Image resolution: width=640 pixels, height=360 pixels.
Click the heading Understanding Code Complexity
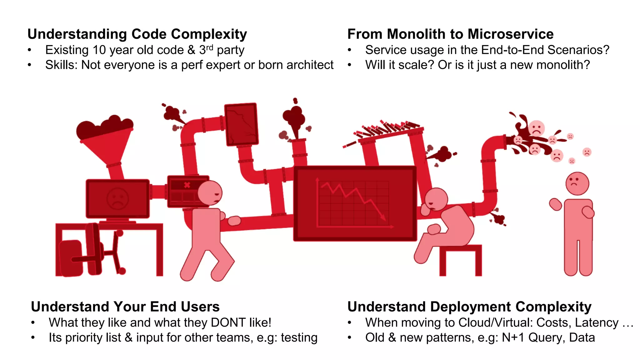pyautogui.click(x=137, y=34)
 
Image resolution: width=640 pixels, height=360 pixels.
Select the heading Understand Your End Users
pyautogui.click(x=125, y=307)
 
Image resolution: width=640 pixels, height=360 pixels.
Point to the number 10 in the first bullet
pyautogui.click(x=99, y=50)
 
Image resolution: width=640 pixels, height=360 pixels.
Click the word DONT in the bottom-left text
pyautogui.click(x=228, y=322)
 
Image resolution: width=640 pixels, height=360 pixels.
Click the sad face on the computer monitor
pyautogui.click(x=117, y=198)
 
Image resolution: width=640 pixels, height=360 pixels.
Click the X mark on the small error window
pyautogui.click(x=187, y=185)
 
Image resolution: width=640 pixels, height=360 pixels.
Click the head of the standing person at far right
pyautogui.click(x=577, y=183)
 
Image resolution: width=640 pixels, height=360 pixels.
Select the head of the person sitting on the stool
pyautogui.click(x=436, y=199)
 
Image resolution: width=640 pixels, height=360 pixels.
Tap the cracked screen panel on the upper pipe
pyautogui.click(x=242, y=124)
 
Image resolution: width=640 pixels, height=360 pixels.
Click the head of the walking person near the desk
pyautogui.click(x=210, y=193)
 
